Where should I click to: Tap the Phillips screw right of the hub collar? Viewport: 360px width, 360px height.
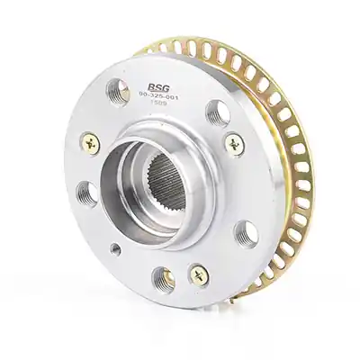[234, 143]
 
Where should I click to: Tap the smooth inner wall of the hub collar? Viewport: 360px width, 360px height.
[122, 180]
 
